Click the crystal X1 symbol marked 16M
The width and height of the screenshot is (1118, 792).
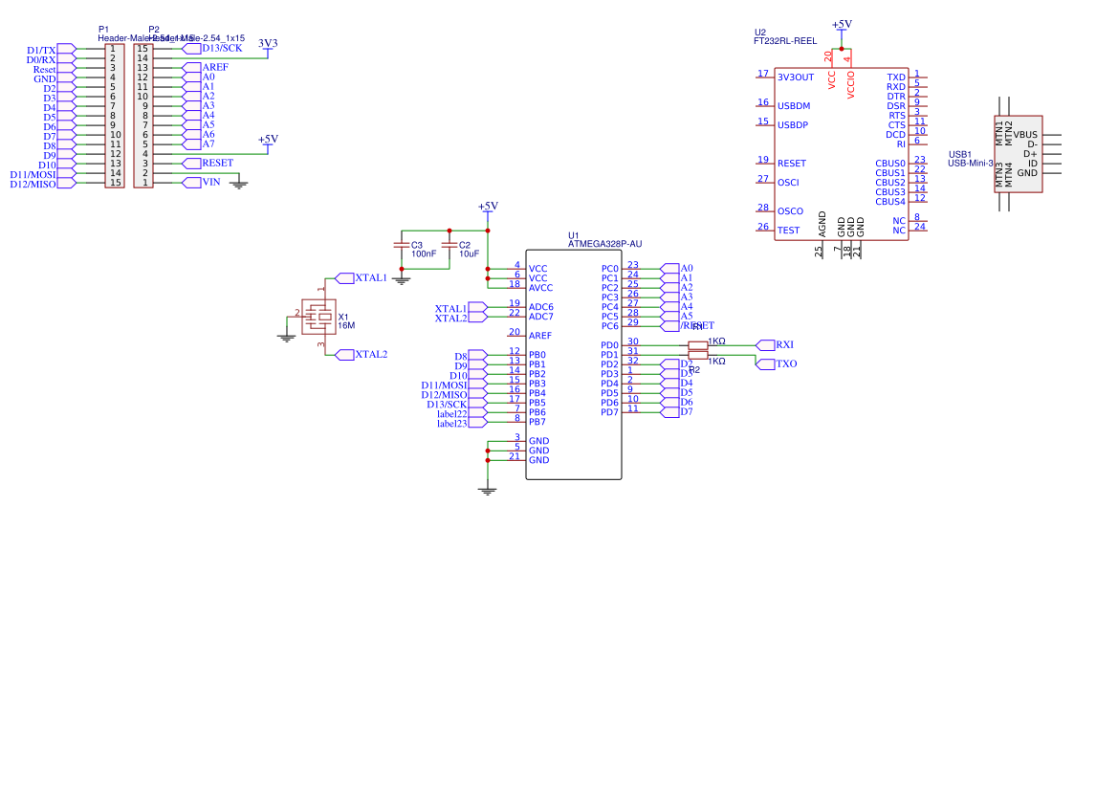(x=324, y=316)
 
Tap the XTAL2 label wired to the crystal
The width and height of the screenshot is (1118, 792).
(x=370, y=355)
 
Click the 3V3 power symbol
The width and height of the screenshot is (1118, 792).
(x=268, y=43)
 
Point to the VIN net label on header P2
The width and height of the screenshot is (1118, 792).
(x=210, y=183)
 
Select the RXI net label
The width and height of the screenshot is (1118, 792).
(x=784, y=345)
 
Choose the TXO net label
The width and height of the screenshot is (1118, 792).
(x=785, y=364)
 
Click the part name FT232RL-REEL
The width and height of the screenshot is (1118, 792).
(x=784, y=42)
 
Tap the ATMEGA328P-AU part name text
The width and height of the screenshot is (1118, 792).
(x=604, y=245)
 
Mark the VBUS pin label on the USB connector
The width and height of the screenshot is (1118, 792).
(x=1025, y=135)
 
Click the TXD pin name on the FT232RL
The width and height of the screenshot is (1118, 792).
(x=895, y=77)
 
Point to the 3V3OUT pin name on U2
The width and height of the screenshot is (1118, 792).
(x=796, y=77)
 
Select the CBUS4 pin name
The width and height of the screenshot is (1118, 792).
(x=889, y=202)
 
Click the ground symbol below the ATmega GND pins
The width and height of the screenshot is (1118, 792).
(x=488, y=489)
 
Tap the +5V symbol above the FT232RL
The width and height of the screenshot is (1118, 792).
(x=842, y=26)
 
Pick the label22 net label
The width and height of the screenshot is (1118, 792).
(x=452, y=413)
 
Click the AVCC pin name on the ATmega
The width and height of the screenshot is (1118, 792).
(x=540, y=288)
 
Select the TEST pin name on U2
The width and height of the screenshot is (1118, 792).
(x=788, y=231)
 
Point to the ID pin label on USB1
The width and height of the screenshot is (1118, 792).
(x=1032, y=164)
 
